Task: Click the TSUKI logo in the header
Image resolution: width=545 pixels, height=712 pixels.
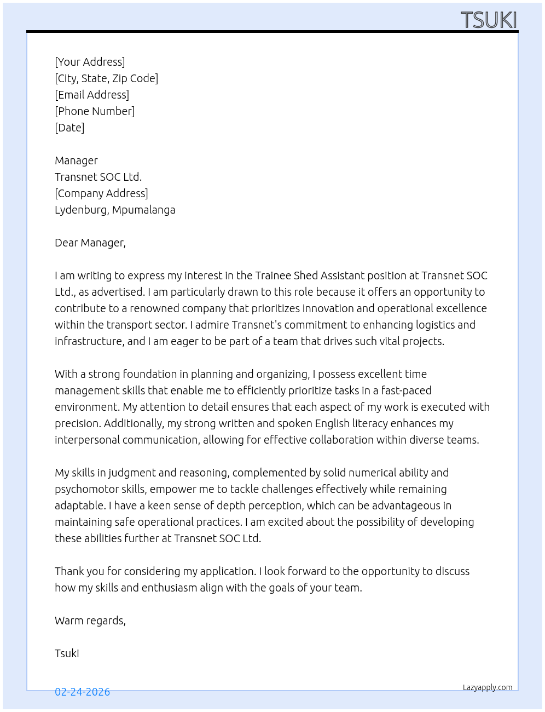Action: [x=488, y=20]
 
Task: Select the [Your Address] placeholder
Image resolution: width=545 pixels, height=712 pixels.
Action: [x=90, y=62]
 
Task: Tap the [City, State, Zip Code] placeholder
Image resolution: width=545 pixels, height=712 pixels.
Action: [x=106, y=78]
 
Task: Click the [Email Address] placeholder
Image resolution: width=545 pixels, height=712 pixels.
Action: [x=92, y=95]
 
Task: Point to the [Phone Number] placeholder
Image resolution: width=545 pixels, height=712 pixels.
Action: [x=95, y=111]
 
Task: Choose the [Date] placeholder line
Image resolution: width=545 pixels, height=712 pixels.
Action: [x=69, y=128]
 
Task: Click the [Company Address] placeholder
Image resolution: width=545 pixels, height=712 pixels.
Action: [x=101, y=193]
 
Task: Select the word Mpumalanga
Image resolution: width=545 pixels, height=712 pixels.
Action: [x=144, y=210]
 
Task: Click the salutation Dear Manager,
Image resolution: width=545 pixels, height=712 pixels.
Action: [x=90, y=243]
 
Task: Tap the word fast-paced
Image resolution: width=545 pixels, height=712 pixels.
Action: [x=406, y=391]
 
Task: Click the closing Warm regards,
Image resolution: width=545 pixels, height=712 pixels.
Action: [x=90, y=621]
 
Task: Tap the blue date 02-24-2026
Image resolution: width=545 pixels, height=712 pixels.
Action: [x=82, y=692]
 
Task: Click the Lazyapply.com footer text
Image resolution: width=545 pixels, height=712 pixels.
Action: [x=488, y=687]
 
